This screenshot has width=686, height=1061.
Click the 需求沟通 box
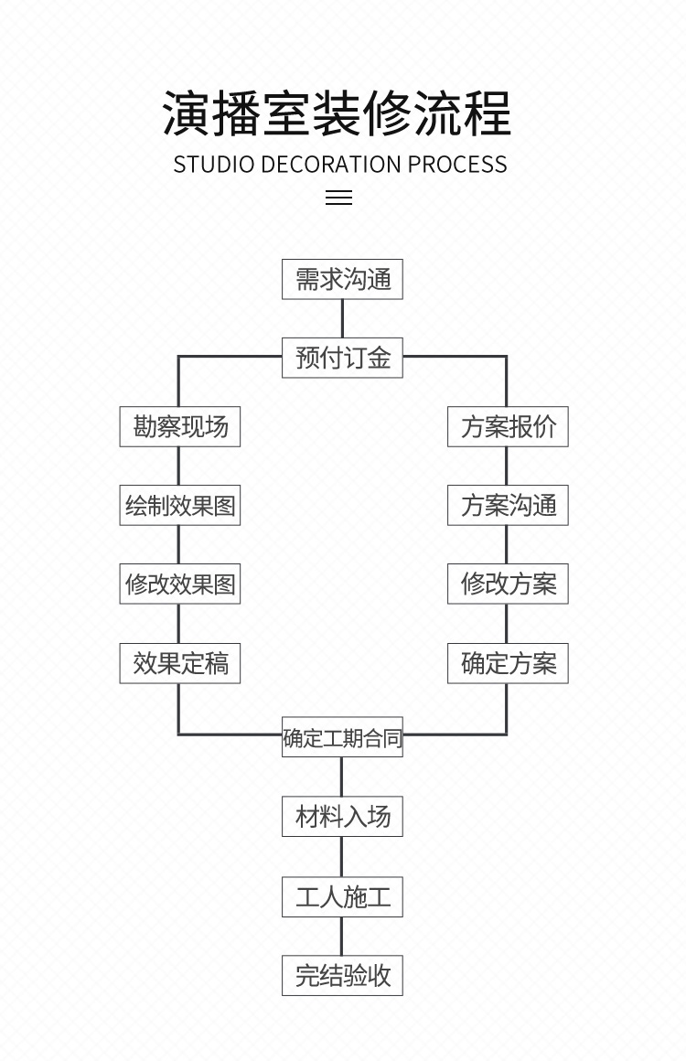tap(342, 279)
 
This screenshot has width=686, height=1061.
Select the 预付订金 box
tap(342, 358)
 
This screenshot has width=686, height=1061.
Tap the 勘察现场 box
tap(180, 426)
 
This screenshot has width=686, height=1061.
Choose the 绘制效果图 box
tap(180, 505)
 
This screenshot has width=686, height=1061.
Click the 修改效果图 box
tap(180, 584)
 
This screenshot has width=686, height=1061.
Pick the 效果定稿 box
tap(180, 663)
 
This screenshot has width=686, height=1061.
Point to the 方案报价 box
tap(508, 426)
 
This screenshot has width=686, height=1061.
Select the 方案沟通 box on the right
tap(508, 505)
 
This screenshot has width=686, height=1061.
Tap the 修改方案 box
tap(508, 584)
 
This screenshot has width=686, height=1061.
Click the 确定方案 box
tap(508, 663)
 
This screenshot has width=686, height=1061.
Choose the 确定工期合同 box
tap(342, 737)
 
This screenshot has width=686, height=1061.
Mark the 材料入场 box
tap(342, 816)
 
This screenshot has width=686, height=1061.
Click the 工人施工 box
tap(342, 896)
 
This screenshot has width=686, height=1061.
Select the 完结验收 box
tap(342, 975)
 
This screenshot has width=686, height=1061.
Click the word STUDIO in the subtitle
tap(214, 165)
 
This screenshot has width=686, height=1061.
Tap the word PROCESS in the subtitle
tap(457, 165)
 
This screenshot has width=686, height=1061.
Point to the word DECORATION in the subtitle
tap(331, 165)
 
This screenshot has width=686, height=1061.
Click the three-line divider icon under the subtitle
tap(339, 198)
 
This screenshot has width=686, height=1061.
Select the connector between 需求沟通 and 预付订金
tap(342, 318)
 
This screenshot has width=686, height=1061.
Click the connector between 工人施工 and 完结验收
tap(342, 936)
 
